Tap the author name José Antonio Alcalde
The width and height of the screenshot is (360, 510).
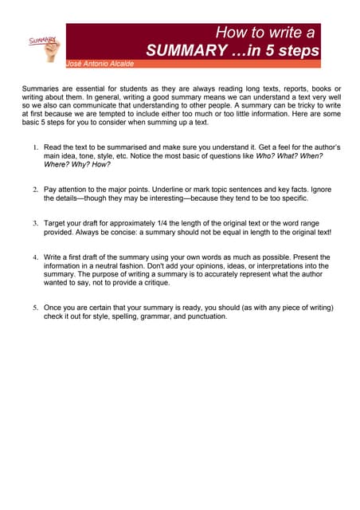point(100,64)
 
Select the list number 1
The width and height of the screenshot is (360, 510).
point(36,148)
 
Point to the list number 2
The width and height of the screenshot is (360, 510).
point(36,190)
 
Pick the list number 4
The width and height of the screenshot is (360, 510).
point(36,257)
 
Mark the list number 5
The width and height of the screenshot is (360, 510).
point(36,308)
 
